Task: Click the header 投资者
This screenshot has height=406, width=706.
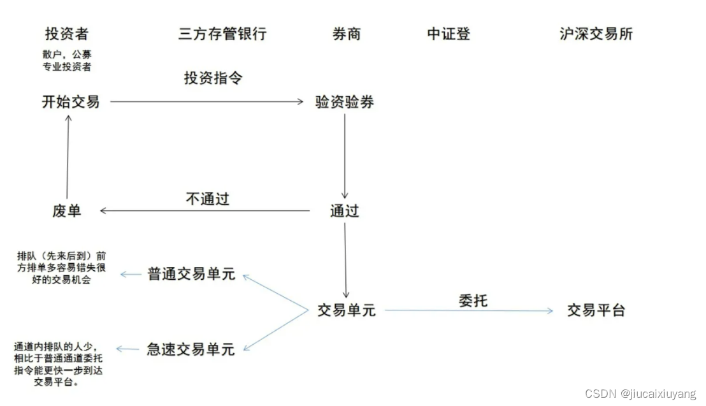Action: coord(66,34)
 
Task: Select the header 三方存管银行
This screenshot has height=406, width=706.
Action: coord(222,34)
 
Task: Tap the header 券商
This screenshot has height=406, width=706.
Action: coord(347,34)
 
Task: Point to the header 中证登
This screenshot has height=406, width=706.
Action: coord(449,34)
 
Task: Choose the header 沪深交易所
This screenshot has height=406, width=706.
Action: coord(596,34)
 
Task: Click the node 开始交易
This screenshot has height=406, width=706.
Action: coord(71,101)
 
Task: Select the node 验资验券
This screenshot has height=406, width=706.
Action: coord(345,102)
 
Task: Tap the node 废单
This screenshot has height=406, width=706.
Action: coord(67,210)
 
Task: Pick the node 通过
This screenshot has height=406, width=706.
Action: coord(345,211)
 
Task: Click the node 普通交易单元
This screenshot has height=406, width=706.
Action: coord(191,274)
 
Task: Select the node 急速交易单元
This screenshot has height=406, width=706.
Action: coord(191,349)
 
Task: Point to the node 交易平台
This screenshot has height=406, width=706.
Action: coord(596,310)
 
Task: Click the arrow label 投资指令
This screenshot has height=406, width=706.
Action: coord(213,78)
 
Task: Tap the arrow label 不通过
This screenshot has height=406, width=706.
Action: coord(208,199)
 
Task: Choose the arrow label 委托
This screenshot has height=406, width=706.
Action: coord(473,300)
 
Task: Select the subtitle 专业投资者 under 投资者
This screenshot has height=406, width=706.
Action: coord(67,67)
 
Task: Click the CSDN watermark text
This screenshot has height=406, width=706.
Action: coord(640,394)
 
